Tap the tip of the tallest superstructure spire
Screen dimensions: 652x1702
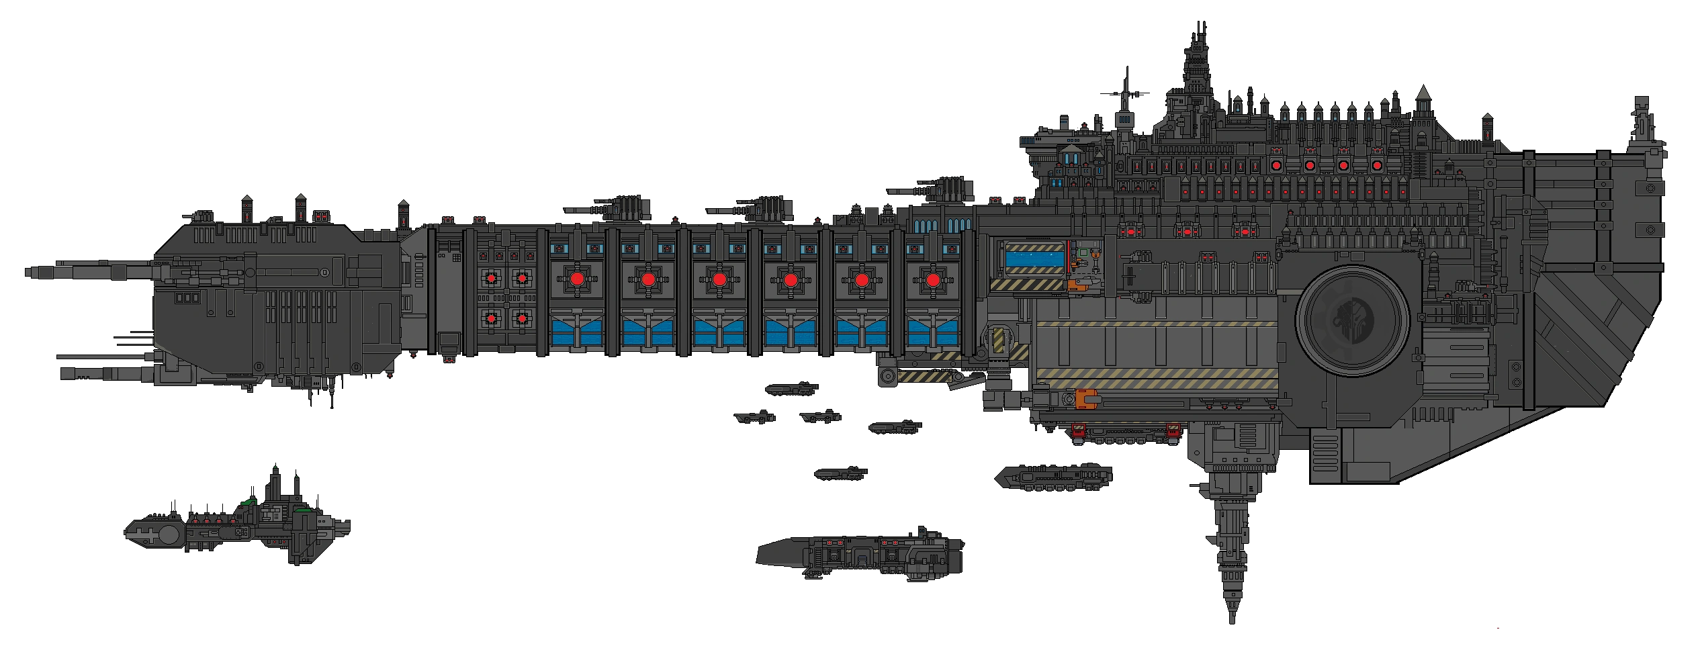(x=1203, y=24)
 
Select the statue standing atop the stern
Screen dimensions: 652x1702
(x=1642, y=128)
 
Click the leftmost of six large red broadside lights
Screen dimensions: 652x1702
(x=576, y=279)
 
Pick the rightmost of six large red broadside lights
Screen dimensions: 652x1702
(x=932, y=279)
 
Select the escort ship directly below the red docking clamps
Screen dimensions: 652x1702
(x=1052, y=477)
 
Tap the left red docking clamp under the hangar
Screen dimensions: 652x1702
(x=1079, y=430)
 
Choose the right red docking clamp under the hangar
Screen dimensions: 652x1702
(x=1173, y=430)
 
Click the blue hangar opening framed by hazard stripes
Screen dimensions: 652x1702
(x=1034, y=258)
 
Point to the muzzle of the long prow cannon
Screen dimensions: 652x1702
(x=27, y=273)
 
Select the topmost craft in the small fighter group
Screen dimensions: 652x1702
(x=793, y=388)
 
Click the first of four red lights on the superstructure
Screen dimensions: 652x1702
(x=1277, y=165)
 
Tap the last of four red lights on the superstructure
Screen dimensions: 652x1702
(x=1376, y=165)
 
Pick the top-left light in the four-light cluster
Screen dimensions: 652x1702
(x=492, y=278)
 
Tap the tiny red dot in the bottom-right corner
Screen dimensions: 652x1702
(x=1496, y=626)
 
